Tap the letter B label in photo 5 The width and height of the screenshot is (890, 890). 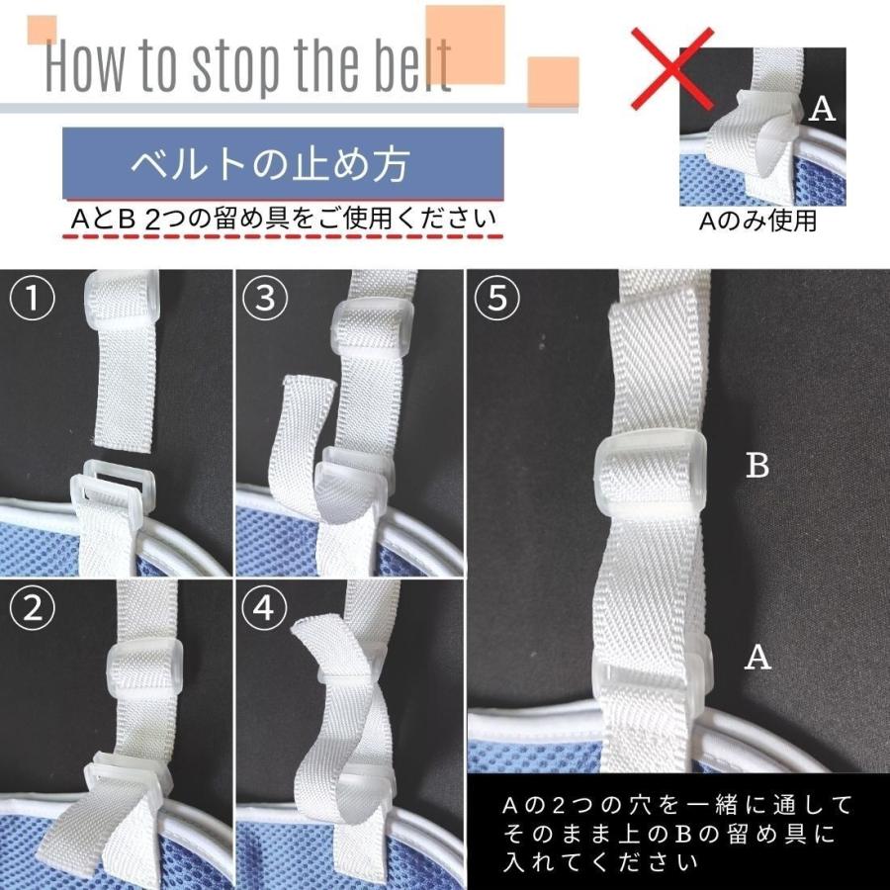coord(757,466)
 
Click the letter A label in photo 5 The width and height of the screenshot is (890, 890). coord(757,658)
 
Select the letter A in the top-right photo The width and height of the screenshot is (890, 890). coord(823,109)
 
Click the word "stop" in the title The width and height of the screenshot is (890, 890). coord(237,67)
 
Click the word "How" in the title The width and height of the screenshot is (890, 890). coord(90,67)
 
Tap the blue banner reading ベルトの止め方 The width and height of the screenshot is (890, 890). coord(283,163)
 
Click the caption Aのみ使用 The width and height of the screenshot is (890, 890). coord(757,222)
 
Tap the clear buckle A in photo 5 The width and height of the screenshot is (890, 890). coord(653,672)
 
